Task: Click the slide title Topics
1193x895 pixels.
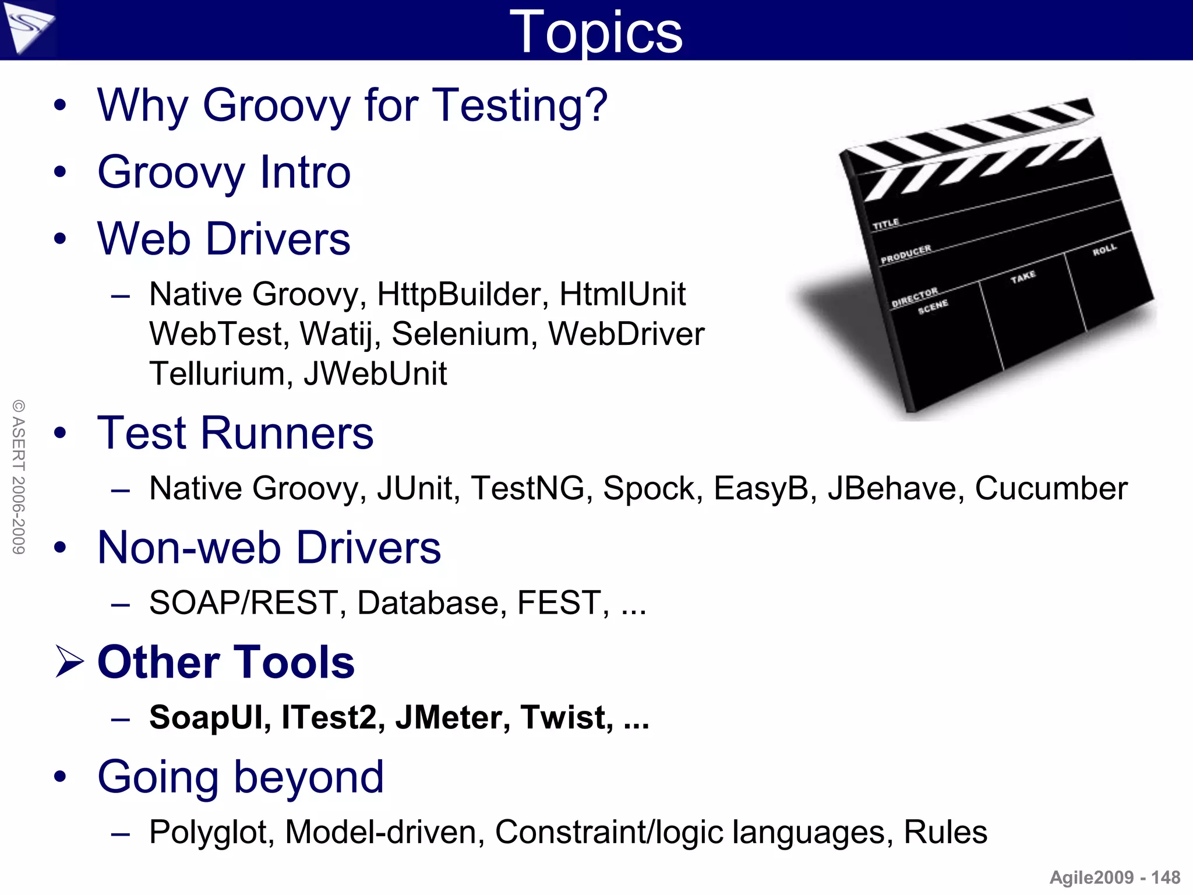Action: click(595, 33)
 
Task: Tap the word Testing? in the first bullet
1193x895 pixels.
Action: click(521, 106)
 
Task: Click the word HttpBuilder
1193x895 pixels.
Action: click(463, 295)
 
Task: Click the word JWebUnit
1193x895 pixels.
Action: click(375, 374)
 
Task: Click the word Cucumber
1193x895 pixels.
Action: click(1051, 488)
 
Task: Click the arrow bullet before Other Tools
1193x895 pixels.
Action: click(69, 662)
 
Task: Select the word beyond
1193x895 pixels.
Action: click(309, 777)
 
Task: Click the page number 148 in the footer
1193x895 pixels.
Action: click(1166, 878)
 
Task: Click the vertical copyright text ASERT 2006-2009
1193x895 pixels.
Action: click(19, 477)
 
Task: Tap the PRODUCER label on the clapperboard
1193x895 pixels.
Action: click(906, 255)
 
